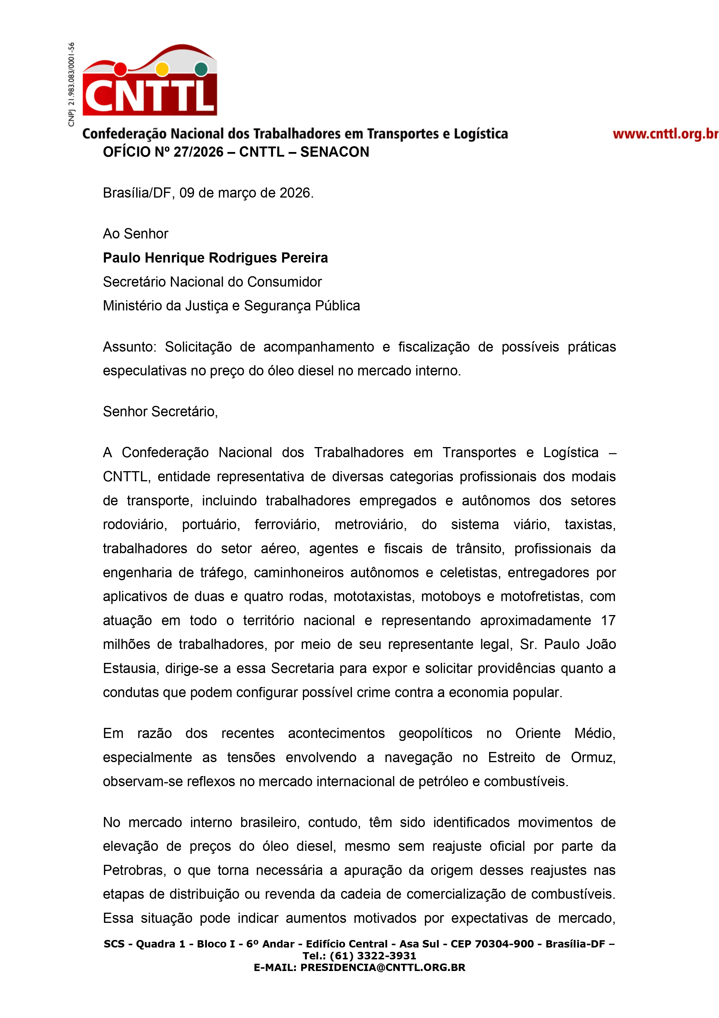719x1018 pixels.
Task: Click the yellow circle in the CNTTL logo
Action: (x=162, y=69)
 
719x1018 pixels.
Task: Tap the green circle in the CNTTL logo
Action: (x=201, y=69)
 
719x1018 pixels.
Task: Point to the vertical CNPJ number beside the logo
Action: (x=71, y=84)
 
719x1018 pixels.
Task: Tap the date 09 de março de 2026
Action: (x=246, y=193)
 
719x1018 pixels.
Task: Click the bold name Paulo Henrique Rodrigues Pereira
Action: (x=215, y=258)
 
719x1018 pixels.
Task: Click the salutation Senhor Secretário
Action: (x=160, y=411)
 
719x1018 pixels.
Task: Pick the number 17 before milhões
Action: (x=608, y=620)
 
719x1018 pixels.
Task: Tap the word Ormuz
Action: (x=593, y=757)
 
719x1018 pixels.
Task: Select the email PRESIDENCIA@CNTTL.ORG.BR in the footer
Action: (x=383, y=968)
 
